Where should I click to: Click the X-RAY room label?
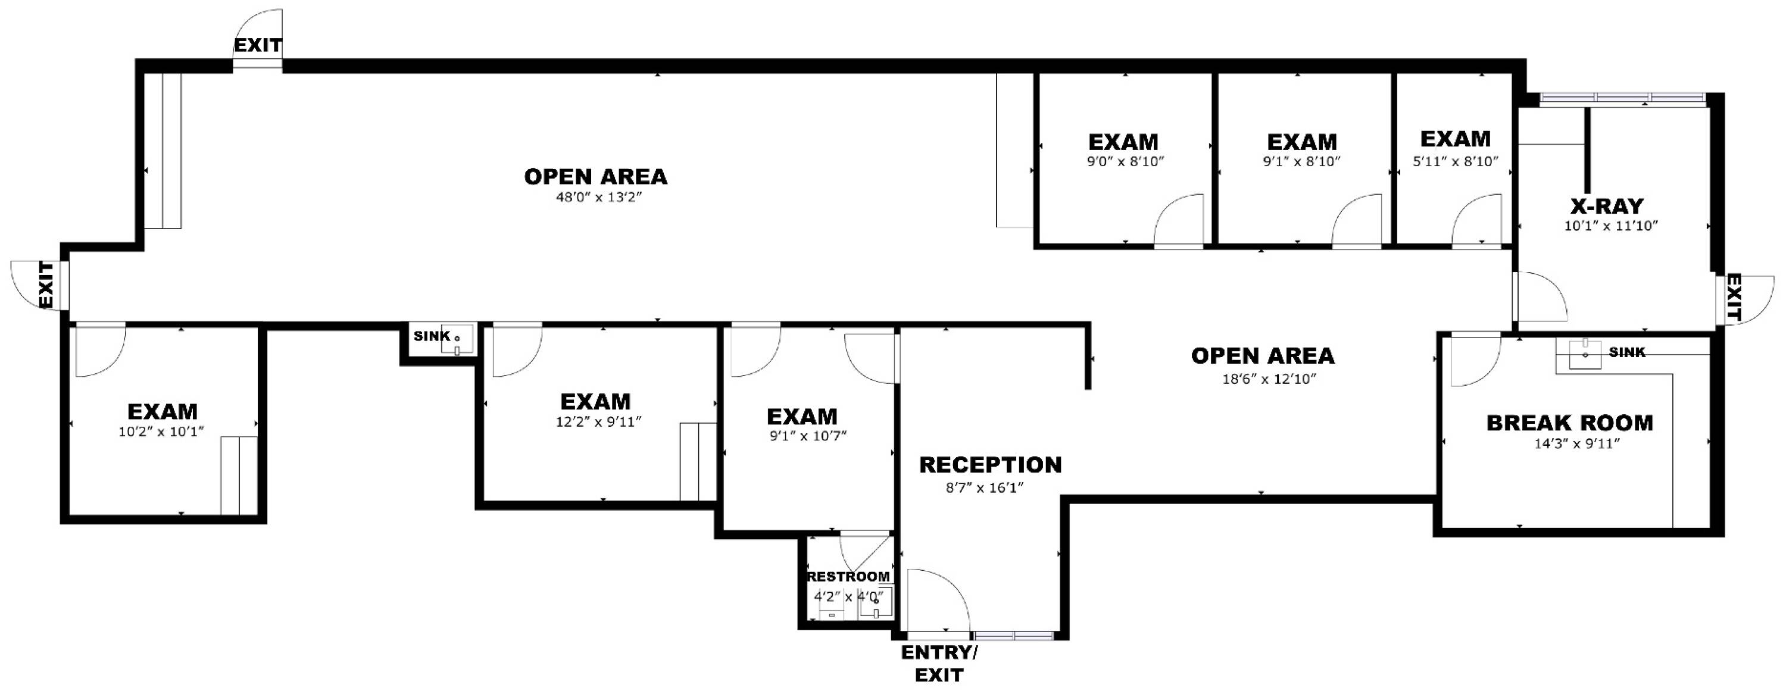(x=1606, y=206)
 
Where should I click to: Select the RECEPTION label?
(x=990, y=464)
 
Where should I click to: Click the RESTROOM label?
(x=848, y=576)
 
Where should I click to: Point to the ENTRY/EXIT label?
(x=939, y=664)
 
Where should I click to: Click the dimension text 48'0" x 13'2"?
(x=599, y=197)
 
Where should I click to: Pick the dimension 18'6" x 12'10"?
(x=1269, y=379)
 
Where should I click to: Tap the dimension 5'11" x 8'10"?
(x=1455, y=161)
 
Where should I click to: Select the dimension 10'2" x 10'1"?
(x=161, y=432)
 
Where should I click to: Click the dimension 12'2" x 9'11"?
(x=598, y=421)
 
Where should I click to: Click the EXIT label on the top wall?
(x=257, y=46)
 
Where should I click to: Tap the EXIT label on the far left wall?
(x=46, y=285)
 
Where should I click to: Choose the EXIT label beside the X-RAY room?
(x=1732, y=297)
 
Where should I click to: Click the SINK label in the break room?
(x=1626, y=352)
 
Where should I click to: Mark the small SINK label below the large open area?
(x=432, y=336)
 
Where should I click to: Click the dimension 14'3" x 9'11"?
(x=1576, y=443)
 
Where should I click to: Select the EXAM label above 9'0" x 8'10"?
(x=1123, y=142)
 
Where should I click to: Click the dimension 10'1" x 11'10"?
(x=1610, y=226)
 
